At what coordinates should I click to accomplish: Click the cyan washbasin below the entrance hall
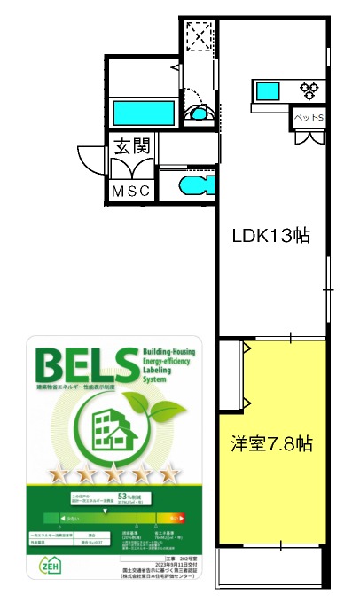[x=195, y=185]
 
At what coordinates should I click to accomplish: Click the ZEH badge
[x=51, y=565]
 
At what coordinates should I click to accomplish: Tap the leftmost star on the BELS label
[x=61, y=476]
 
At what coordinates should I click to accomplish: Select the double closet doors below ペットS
[x=310, y=137]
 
